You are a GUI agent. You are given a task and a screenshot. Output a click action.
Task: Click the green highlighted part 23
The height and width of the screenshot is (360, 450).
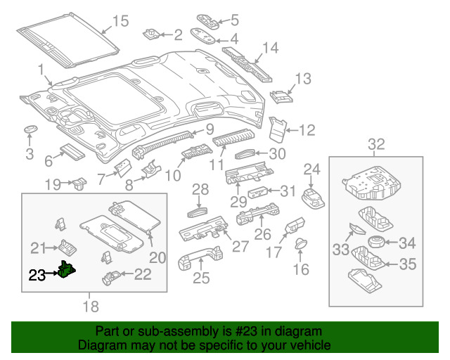coord(67,269)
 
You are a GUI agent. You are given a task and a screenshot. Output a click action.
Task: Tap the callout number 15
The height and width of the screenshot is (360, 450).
coord(120,21)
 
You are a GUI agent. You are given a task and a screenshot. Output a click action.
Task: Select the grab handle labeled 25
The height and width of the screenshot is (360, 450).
coord(200,258)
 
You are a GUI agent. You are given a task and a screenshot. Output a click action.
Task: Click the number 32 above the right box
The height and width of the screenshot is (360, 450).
coord(376,144)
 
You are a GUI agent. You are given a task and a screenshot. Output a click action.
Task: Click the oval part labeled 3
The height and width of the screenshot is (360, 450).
coord(30,129)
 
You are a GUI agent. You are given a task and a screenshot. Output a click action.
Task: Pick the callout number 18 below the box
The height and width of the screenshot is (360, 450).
coord(91,307)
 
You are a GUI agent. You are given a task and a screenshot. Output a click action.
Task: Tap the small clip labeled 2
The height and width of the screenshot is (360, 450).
coord(151,34)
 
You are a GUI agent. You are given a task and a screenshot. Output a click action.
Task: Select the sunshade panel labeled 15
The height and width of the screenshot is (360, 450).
coord(67,40)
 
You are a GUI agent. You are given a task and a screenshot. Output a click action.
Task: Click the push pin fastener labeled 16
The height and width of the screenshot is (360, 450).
coord(301,243)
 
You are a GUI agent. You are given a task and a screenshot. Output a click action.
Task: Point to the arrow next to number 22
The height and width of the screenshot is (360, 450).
coord(127,274)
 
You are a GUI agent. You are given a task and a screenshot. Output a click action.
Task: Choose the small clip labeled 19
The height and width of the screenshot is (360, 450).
coord(79,184)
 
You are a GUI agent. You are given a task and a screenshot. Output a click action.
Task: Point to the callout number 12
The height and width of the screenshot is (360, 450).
coord(307,130)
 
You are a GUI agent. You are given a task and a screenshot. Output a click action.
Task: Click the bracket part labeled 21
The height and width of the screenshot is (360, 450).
coord(67,247)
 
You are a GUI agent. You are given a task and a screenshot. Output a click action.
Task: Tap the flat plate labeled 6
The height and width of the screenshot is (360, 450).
coord(72,152)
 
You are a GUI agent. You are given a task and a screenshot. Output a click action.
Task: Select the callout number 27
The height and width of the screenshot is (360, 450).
coord(240,247)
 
